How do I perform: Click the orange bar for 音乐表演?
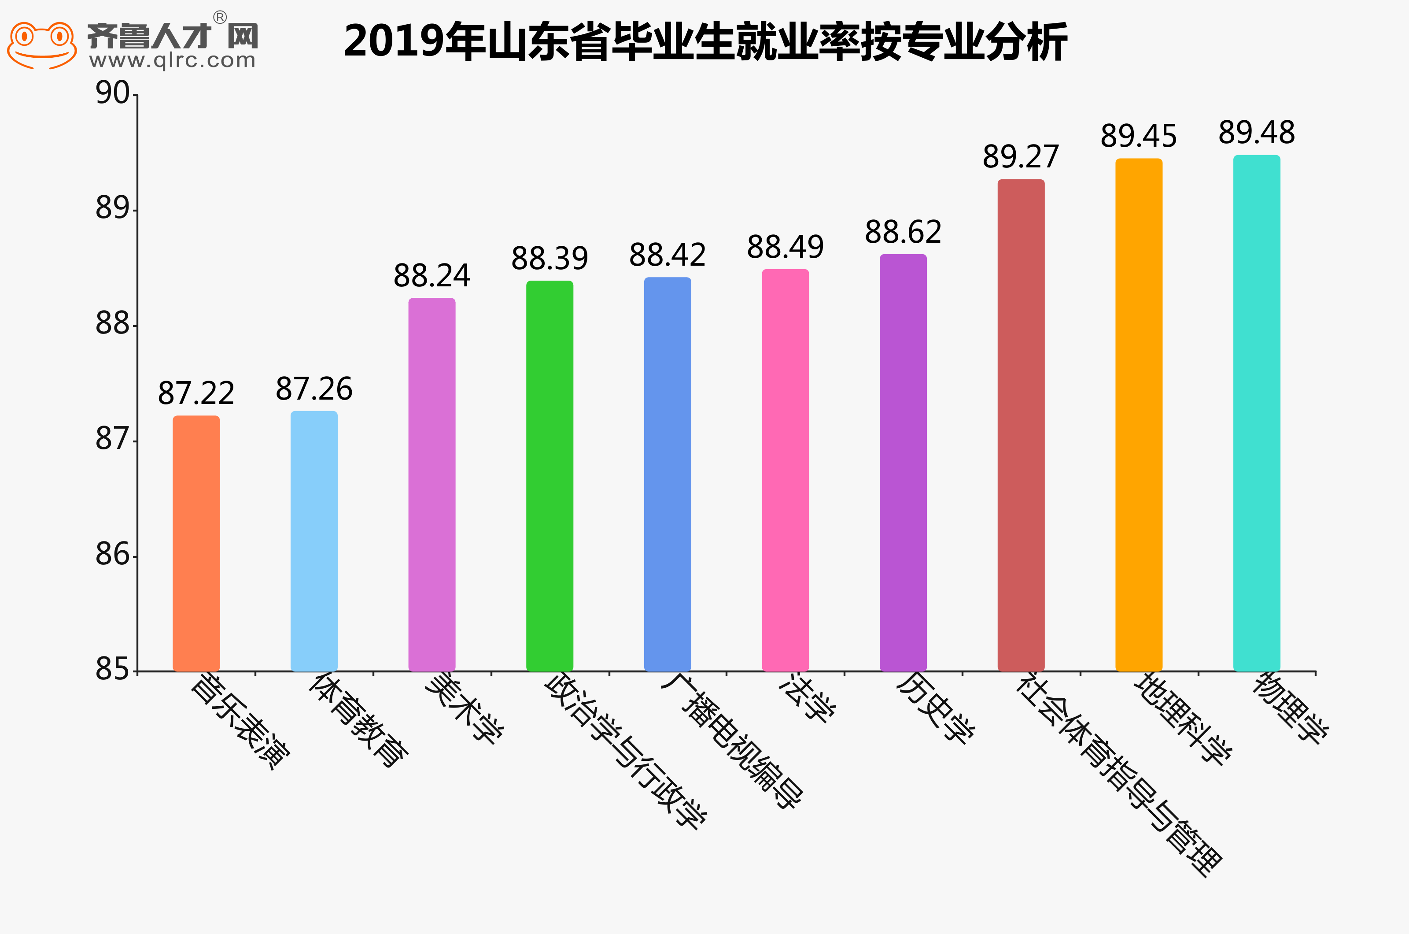coord(196,543)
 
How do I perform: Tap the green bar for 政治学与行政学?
coord(550,475)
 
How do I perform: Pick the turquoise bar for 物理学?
coord(1256,412)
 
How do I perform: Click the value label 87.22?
coord(196,393)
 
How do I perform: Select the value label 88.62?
coord(903,232)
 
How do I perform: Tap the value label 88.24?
coord(432,276)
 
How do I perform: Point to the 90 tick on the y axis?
coord(113,93)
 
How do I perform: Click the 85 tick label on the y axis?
coord(113,670)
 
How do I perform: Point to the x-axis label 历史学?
coord(935,708)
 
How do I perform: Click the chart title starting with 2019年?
coord(705,42)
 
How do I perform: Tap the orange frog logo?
coord(42,44)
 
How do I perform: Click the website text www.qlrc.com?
coord(172,60)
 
